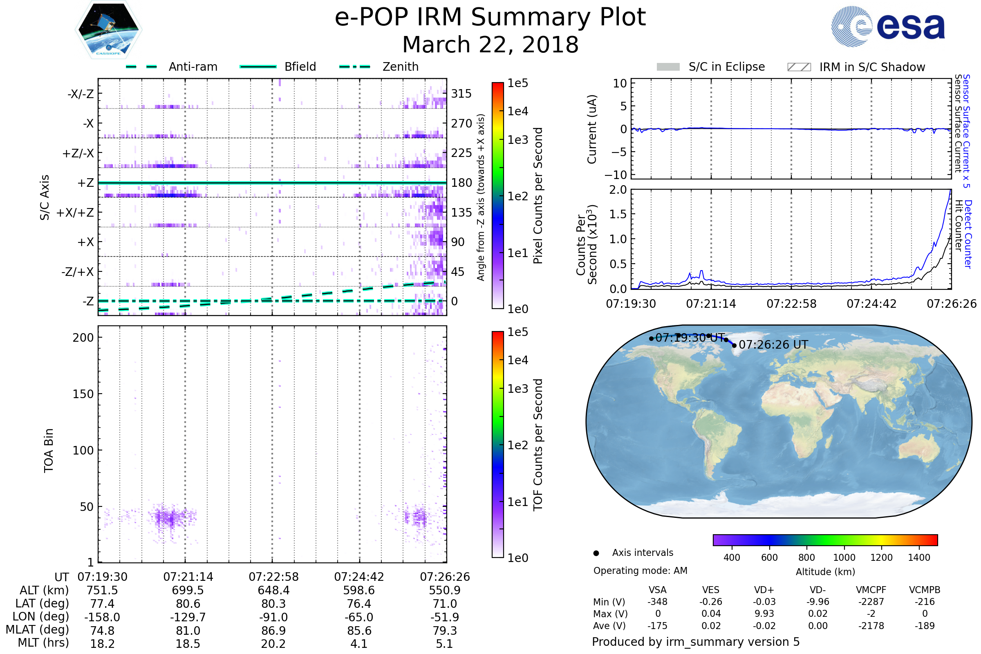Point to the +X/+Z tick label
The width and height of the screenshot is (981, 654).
coord(75,213)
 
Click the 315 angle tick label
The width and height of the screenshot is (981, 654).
coord(461,94)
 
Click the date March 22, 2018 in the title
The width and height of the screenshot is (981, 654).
coord(490,45)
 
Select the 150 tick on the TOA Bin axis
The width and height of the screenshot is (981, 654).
coord(83,394)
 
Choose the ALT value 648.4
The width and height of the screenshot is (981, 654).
coord(273,591)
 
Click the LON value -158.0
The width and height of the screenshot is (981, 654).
coord(102,617)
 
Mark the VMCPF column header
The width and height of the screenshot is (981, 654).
coord(871,590)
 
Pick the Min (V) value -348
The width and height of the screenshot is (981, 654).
coord(657,602)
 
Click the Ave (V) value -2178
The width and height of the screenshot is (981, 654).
coord(871,626)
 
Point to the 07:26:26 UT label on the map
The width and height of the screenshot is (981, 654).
coord(773,345)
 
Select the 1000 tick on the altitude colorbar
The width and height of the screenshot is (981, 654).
coord(844,558)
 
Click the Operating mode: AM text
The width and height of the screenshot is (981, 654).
coord(640,571)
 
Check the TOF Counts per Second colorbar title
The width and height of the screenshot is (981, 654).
coord(538,445)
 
